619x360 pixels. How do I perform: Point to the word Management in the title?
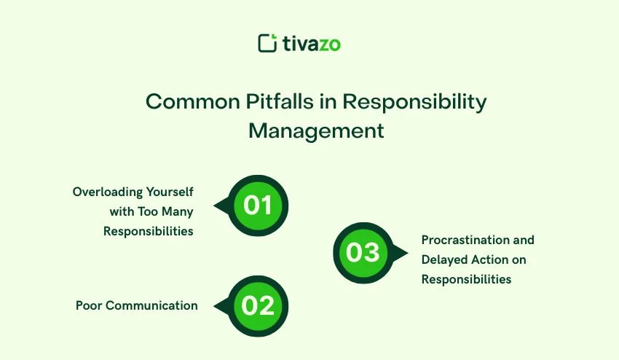[x=316, y=131]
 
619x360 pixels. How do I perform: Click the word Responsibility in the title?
[x=414, y=101]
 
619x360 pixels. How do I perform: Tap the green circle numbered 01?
[x=258, y=206]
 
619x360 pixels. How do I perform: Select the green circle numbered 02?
[x=258, y=306]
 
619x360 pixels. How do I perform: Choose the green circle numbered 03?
[x=363, y=253]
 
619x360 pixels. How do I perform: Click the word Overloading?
[x=106, y=192]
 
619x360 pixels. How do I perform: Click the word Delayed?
[x=444, y=259]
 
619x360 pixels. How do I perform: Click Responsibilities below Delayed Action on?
[x=466, y=279]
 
